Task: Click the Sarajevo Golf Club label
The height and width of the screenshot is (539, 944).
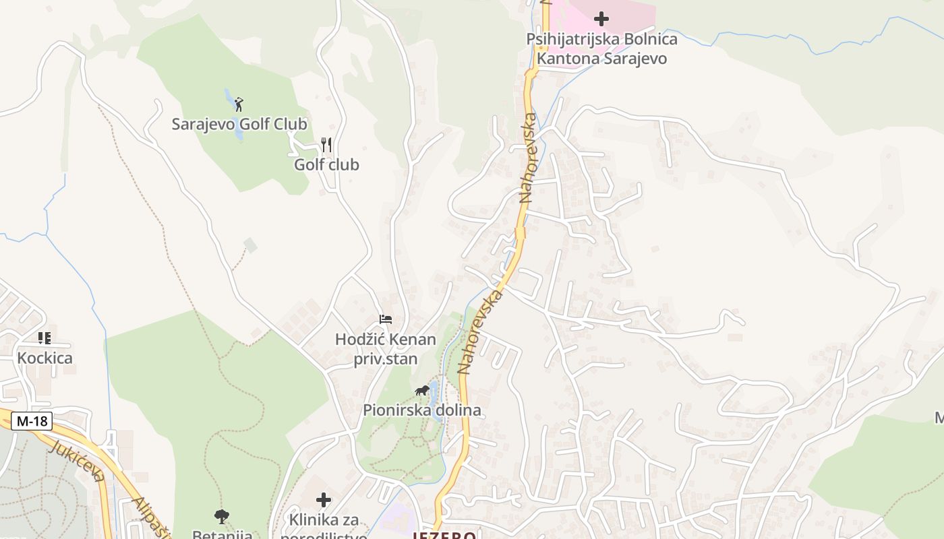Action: click(239, 125)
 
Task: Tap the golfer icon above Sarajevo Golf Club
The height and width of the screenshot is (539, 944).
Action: click(239, 104)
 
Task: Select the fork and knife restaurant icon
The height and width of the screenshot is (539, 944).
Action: click(326, 145)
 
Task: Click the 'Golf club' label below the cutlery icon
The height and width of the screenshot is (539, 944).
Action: click(326, 165)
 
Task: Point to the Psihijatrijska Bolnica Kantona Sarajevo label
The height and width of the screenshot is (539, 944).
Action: click(601, 49)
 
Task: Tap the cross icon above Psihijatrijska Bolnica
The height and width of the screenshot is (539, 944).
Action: click(601, 19)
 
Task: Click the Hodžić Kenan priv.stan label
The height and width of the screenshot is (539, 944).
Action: click(386, 349)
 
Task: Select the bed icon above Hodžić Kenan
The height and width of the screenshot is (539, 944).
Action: click(386, 319)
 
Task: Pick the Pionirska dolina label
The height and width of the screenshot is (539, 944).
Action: click(422, 410)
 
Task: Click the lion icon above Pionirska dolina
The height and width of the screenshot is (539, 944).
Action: click(422, 391)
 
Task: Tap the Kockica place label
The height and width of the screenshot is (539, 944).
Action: click(45, 358)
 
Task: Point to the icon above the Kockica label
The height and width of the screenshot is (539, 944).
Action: click(45, 338)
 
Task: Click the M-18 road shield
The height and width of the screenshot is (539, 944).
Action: click(32, 422)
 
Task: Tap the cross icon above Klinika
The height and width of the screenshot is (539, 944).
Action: click(324, 500)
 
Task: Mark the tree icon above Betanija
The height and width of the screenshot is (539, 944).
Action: click(222, 517)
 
